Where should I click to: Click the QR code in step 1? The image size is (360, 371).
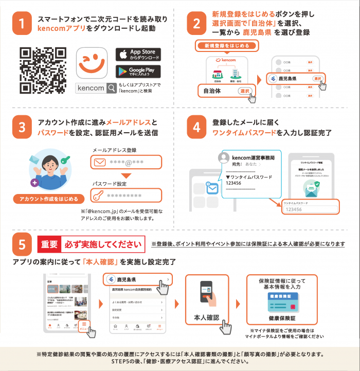click(43, 70)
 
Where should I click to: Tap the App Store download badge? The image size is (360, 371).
click(138, 55)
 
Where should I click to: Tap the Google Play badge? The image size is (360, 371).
click(138, 72)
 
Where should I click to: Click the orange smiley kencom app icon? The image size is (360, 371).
click(93, 63)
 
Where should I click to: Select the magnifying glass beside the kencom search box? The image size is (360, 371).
click(112, 88)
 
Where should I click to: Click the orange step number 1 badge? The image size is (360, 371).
click(22, 24)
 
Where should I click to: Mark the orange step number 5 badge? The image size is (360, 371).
click(22, 245)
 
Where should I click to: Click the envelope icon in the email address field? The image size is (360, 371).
click(99, 163)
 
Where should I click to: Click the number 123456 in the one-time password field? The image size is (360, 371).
click(294, 209)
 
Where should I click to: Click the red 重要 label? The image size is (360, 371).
click(50, 244)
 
